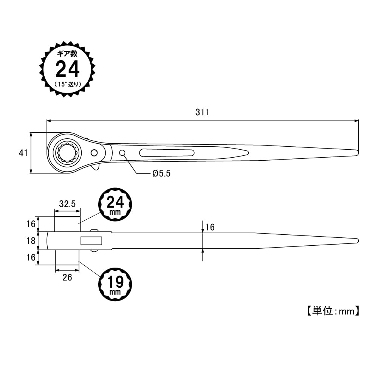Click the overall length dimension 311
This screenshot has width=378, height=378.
tap(202, 112)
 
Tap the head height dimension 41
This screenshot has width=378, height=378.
tap(23, 153)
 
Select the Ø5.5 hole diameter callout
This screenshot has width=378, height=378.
tap(161, 174)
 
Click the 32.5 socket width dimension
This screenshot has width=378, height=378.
tap(67, 204)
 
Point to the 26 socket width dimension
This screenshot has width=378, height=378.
tap(67, 277)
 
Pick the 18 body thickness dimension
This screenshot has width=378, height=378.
tap(31, 240)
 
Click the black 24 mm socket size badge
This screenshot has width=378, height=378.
tap(115, 204)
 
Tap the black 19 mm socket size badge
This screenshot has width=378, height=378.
tap(115, 284)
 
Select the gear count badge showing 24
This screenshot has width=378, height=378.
tap(67, 70)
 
